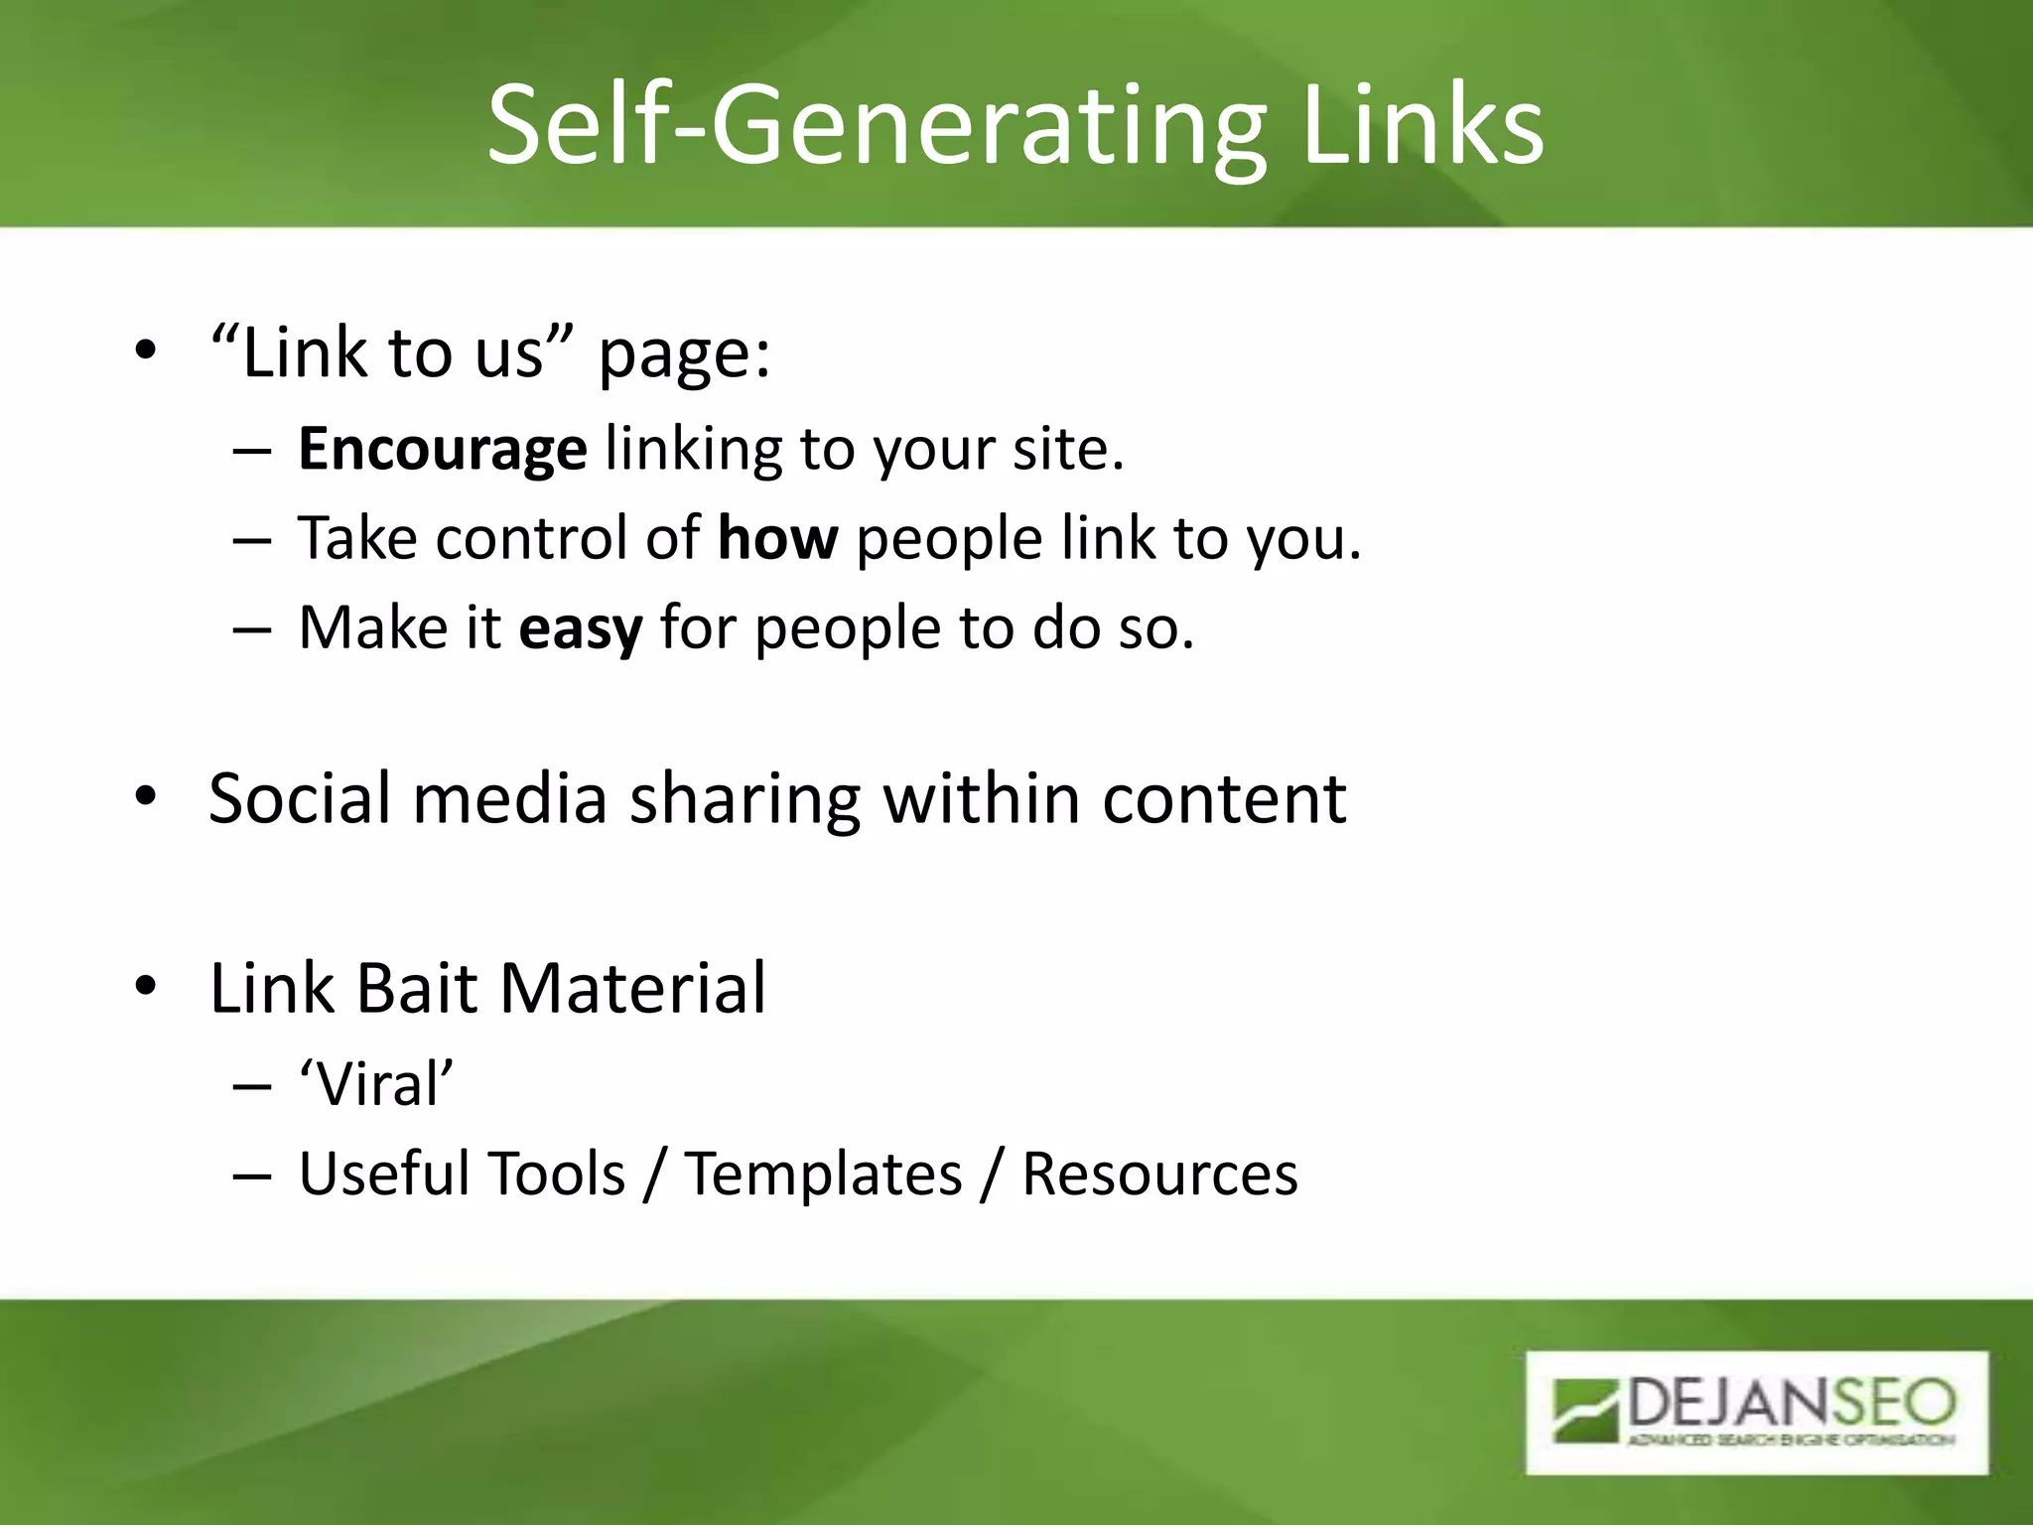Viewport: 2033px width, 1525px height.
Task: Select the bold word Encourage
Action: [442, 449]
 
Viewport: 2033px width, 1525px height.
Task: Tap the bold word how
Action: [777, 538]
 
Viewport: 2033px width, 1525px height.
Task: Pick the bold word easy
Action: [581, 628]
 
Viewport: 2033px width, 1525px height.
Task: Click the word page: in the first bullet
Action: [684, 354]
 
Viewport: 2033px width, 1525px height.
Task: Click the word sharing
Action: [745, 800]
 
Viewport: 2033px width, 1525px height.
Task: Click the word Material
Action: [632, 988]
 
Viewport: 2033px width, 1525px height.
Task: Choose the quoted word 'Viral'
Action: [376, 1083]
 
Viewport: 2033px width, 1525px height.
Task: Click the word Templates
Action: [823, 1174]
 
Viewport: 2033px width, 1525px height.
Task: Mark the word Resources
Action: [1159, 1174]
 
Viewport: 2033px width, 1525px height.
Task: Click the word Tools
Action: [555, 1174]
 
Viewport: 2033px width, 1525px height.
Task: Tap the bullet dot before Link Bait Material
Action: [146, 988]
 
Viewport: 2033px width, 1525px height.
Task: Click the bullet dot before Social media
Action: [146, 797]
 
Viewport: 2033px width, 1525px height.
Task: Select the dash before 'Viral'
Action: [252, 1085]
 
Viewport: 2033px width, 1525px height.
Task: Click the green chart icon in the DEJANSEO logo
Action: [1586, 1410]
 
